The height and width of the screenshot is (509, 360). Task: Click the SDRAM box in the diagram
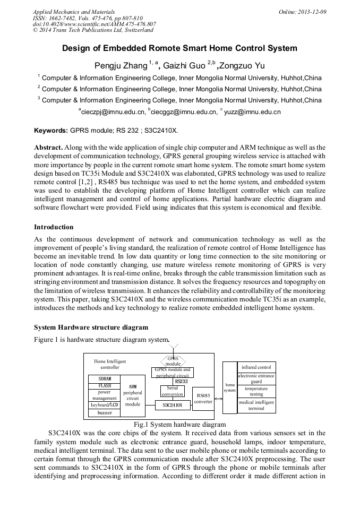[105, 378]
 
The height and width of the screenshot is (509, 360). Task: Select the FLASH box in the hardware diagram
[105, 386]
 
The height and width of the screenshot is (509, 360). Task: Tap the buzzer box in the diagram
[105, 412]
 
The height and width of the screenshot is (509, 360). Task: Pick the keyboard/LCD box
[105, 405]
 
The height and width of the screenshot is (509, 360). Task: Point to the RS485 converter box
[203, 398]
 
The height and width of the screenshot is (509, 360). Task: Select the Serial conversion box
[173, 391]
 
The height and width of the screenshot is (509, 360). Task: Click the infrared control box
[256, 367]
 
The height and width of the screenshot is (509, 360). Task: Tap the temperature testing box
[256, 391]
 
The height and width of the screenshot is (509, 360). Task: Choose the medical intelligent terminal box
[256, 406]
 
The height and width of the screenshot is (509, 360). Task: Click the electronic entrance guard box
[256, 378]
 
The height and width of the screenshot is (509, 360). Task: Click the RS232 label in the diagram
[182, 381]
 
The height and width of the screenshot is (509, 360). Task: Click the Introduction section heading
[54, 227]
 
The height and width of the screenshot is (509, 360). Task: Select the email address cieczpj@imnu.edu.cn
[112, 112]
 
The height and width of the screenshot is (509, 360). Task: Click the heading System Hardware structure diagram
[91, 327]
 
